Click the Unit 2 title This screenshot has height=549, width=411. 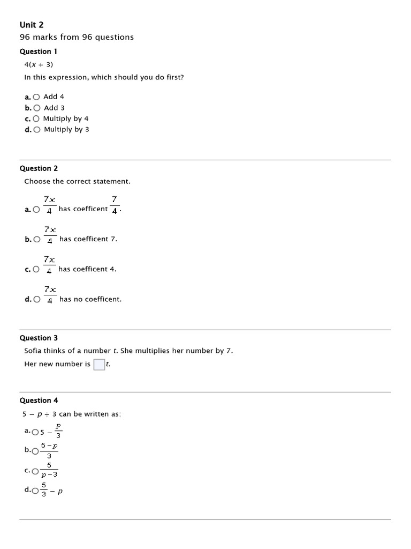pyautogui.click(x=32, y=25)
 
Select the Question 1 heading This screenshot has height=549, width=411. pyautogui.click(x=39, y=51)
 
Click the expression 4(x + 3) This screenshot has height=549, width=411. pyautogui.click(x=39, y=64)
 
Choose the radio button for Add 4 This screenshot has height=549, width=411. pyautogui.click(x=36, y=97)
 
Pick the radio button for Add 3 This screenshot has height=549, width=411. pyautogui.click(x=36, y=108)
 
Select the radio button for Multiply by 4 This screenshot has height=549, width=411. pyautogui.click(x=36, y=118)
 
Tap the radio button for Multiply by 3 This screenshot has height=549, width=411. pyautogui.click(x=36, y=130)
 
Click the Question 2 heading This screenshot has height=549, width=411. pyautogui.click(x=39, y=168)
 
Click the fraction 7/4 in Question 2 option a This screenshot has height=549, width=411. pyautogui.click(x=115, y=205)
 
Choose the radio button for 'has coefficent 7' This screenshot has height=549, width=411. pyautogui.click(x=36, y=240)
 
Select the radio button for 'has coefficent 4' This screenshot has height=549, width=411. pyautogui.click(x=36, y=270)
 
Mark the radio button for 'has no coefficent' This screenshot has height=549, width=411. pyautogui.click(x=36, y=300)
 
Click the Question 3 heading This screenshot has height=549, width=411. pyautogui.click(x=39, y=338)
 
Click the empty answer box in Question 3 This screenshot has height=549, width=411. pyautogui.click(x=99, y=365)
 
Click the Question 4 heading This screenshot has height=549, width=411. pyautogui.click(x=39, y=400)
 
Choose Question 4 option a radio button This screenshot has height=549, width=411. pyautogui.click(x=35, y=432)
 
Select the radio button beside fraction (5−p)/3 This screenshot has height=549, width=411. pyautogui.click(x=35, y=451)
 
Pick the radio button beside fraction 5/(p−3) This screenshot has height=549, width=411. pyautogui.click(x=35, y=471)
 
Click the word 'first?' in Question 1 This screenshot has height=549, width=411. pyautogui.click(x=174, y=77)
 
